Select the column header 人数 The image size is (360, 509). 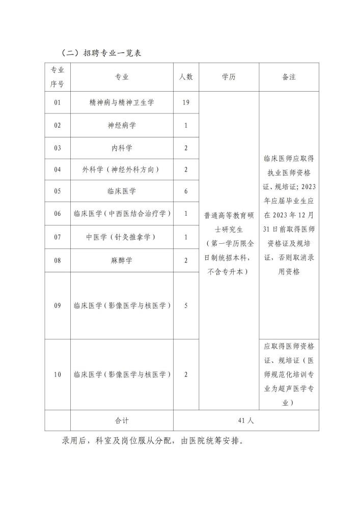[186, 77]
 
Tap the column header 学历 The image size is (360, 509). [229, 77]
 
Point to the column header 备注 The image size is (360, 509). [289, 77]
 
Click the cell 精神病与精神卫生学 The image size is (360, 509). [122, 103]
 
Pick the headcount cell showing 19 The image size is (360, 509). [186, 103]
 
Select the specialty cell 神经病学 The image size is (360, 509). [122, 125]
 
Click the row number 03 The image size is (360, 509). [58, 148]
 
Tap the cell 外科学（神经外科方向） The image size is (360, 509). [122, 169]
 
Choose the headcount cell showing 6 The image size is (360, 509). [186, 191]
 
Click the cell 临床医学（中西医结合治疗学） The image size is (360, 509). [122, 213]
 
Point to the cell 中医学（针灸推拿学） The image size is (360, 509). [122, 237]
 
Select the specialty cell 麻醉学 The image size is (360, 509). [122, 260]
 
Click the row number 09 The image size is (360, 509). [58, 305]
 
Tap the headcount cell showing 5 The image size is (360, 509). [186, 305]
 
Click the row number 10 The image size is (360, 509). [58, 375]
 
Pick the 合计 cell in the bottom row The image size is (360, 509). [122, 420]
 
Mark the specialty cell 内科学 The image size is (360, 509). [122, 148]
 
